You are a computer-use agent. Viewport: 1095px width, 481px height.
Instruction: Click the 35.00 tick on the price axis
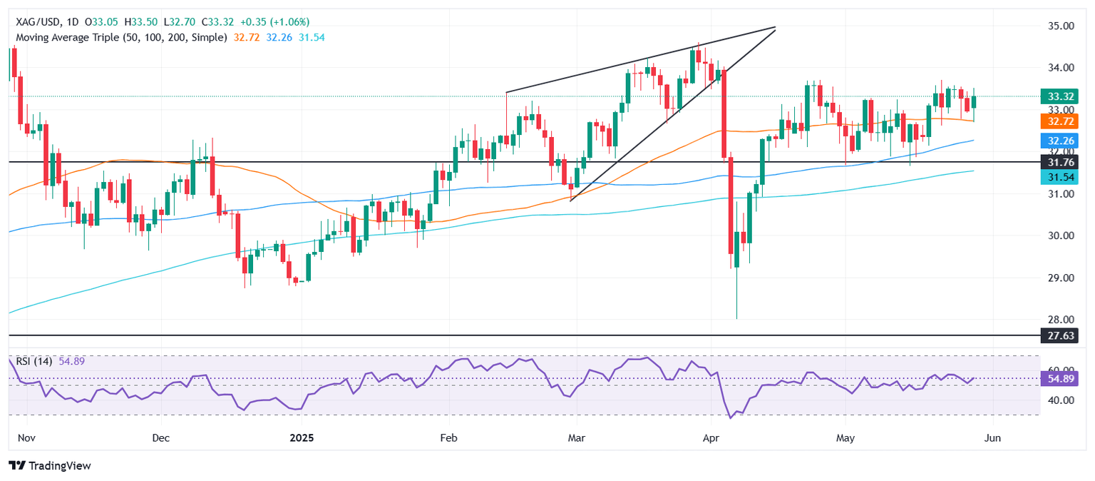tap(1057, 26)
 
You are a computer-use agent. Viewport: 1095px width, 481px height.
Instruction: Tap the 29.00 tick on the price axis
tap(1057, 278)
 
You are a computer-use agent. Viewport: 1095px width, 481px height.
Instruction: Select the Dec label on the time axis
tap(160, 437)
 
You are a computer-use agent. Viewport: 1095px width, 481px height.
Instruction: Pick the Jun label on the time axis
tap(992, 437)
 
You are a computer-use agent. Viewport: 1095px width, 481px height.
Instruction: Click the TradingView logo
tap(50, 466)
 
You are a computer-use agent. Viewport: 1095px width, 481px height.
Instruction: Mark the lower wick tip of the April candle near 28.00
tap(736, 318)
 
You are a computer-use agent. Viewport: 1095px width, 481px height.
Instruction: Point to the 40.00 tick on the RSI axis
tap(1057, 400)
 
